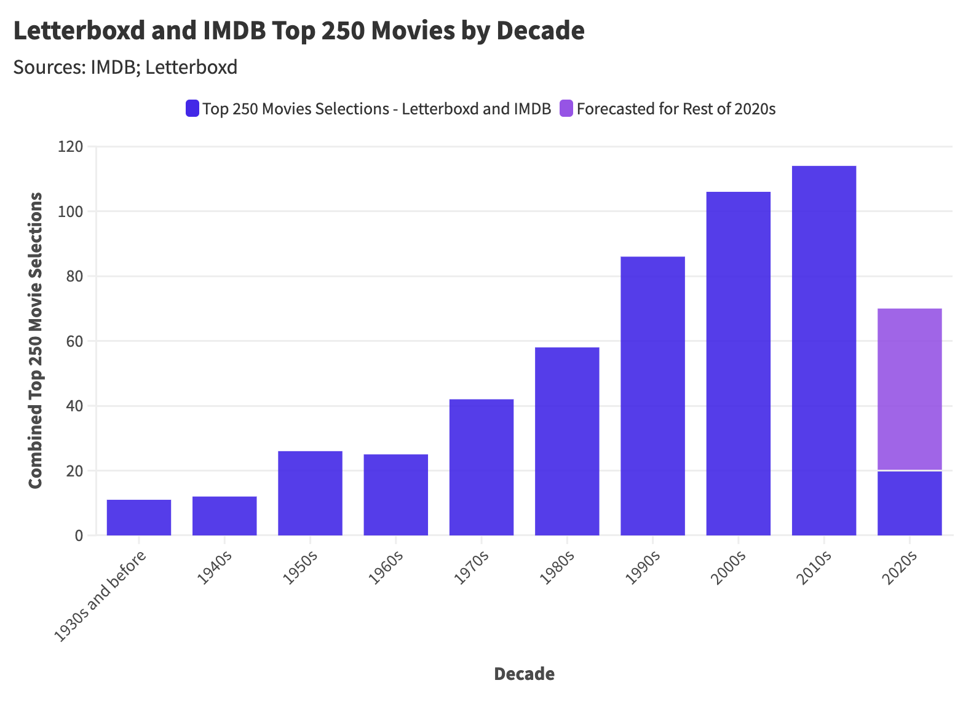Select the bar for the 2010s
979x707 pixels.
pyautogui.click(x=823, y=350)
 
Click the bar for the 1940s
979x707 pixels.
pyautogui.click(x=224, y=516)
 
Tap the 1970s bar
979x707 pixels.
pyautogui.click(x=482, y=467)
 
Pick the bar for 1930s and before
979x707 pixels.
pyautogui.click(x=139, y=518)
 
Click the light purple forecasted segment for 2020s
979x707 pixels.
pyautogui.click(x=909, y=389)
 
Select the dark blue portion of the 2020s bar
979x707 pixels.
pyautogui.click(x=909, y=504)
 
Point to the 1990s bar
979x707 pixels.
pyautogui.click(x=652, y=396)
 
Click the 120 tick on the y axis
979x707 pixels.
pyautogui.click(x=70, y=147)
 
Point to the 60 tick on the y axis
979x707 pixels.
pyautogui.click(x=74, y=341)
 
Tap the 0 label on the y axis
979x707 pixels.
pyautogui.click(x=79, y=535)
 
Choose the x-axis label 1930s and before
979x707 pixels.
pyautogui.click(x=102, y=596)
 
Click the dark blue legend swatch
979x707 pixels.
pyautogui.click(x=192, y=109)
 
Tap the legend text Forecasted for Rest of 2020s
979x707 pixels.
pyautogui.click(x=676, y=109)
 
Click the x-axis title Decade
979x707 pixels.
pyautogui.click(x=524, y=674)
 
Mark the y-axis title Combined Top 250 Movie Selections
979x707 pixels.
pyautogui.click(x=36, y=341)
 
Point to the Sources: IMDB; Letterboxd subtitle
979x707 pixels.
pyautogui.click(x=125, y=67)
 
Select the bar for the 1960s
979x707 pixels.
pyautogui.click(x=395, y=495)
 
